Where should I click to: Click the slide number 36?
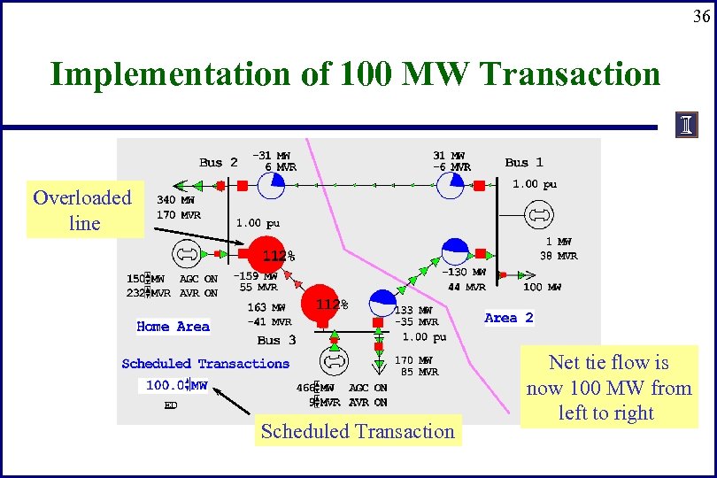700,16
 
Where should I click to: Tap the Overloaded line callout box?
83,211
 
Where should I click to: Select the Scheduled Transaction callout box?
357,432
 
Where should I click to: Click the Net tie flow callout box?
608,388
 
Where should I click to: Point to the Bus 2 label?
218,162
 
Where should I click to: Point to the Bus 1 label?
524,162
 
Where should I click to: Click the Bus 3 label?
276,340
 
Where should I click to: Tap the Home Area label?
173,327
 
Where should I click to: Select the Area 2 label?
509,318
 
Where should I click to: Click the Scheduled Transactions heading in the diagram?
205,364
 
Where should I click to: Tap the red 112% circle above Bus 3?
321,305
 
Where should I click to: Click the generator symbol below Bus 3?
334,362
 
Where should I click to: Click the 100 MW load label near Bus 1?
542,288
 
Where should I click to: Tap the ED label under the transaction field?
171,406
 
